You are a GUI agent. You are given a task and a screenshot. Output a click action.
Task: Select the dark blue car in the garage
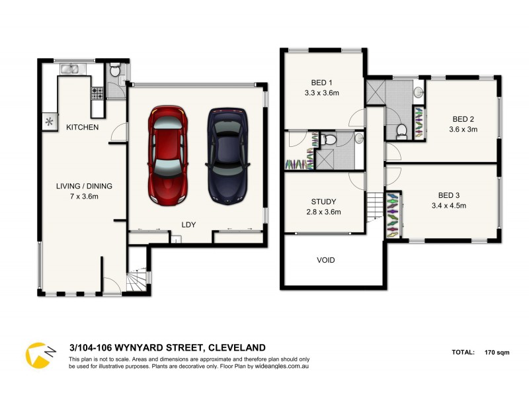pos(229,155)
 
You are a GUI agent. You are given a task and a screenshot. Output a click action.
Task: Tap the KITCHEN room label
pos(83,127)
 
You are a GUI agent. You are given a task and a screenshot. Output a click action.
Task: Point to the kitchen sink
pos(70,68)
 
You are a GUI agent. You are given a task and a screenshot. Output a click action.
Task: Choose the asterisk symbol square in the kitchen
pos(50,121)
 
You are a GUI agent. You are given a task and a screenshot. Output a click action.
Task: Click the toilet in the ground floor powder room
pos(114,70)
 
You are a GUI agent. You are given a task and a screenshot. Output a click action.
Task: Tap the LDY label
pos(189,225)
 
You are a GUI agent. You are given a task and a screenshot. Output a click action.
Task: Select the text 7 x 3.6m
pos(83,197)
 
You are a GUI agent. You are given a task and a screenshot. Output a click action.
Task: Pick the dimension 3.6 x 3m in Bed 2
pos(463,130)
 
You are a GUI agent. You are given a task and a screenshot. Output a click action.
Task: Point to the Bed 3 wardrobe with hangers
pos(393,214)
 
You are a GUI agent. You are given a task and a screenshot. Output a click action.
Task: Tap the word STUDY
pos(324,202)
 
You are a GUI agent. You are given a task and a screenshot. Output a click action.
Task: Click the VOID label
pos(325,260)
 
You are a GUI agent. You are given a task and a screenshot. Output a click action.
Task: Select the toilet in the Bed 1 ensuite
pos(329,139)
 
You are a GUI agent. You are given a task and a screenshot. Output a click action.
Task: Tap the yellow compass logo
pos(39,355)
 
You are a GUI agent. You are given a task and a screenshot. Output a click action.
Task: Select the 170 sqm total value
pos(496,352)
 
